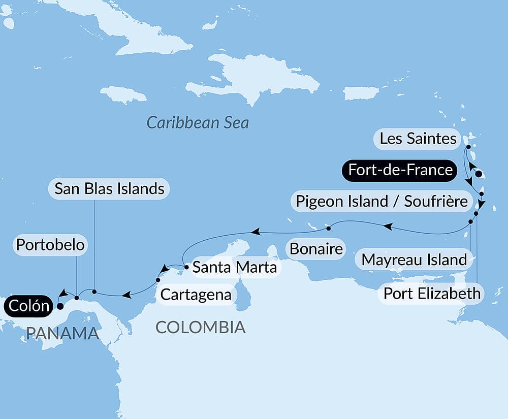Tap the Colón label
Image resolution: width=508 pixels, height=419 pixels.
pos(28,306)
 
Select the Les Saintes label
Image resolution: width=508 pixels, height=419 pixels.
pos(418,139)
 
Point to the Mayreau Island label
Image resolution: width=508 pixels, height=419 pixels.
pos(414,260)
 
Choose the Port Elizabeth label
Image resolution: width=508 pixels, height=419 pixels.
pos(431,293)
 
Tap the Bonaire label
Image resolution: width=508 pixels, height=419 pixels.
pos(315,249)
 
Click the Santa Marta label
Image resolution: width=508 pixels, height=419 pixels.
pos(234,267)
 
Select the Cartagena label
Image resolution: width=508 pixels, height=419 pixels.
pos(196,294)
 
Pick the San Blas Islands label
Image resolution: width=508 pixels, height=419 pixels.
pos(109,189)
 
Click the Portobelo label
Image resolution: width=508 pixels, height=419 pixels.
pos(50,245)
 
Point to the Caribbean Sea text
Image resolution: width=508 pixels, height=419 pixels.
pos(198,122)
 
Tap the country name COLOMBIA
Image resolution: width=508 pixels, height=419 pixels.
pos(200,327)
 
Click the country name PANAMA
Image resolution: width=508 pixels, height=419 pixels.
pos(62,333)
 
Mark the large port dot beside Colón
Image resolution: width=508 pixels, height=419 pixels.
pos(60,306)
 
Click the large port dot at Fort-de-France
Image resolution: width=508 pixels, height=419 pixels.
pos(478,174)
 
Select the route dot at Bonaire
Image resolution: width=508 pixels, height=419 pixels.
pos(329,227)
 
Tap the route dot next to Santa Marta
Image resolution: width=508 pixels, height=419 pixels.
pos(187,266)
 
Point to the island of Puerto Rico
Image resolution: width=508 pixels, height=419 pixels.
pos(361,93)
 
